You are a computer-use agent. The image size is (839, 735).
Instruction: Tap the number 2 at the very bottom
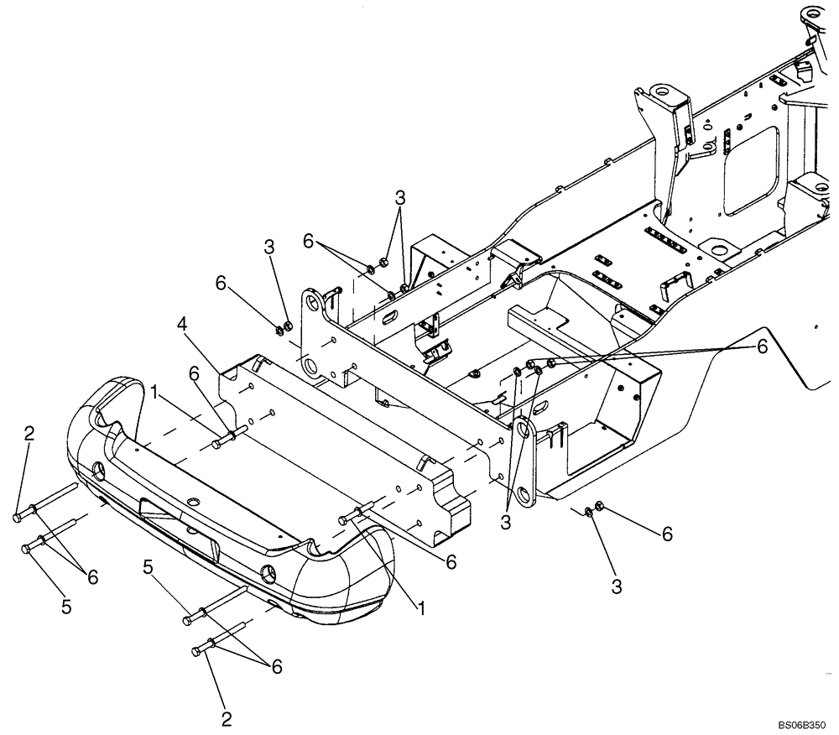tap(226, 718)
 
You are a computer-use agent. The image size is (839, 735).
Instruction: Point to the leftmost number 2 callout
tap(30, 434)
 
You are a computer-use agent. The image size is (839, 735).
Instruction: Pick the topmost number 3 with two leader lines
tap(400, 198)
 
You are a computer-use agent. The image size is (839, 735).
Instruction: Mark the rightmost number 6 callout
tap(762, 346)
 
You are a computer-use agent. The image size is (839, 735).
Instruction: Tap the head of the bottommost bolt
tap(199, 651)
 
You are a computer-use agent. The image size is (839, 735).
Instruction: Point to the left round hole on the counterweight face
tap(99, 468)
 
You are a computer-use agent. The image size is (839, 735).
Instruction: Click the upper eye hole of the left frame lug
tap(312, 300)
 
